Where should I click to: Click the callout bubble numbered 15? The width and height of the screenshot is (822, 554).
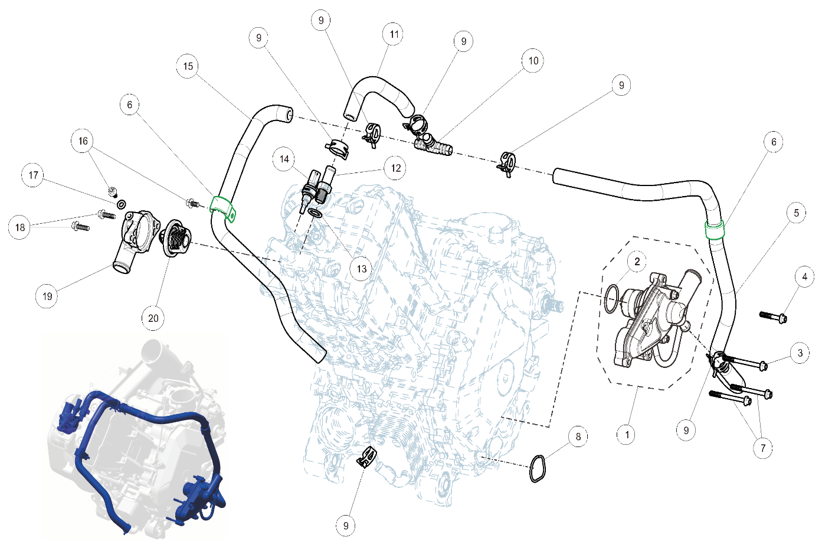188,66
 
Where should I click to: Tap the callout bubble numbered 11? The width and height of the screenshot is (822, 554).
394,34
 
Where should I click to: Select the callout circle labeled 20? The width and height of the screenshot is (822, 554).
153,318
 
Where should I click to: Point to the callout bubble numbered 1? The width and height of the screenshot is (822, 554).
626,435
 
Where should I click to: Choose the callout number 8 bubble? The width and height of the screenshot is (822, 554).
578,436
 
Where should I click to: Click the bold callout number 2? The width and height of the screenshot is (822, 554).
637,261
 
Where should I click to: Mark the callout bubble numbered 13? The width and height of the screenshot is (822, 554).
361,269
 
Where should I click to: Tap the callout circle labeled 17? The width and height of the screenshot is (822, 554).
33,175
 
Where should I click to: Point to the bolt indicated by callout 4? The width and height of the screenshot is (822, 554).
774,317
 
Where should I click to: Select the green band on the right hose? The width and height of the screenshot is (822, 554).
715,228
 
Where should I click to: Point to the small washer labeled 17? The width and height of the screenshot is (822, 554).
121,204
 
